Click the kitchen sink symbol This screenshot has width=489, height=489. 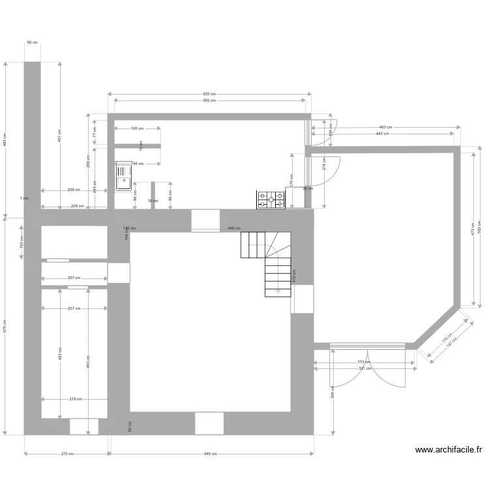(x=123, y=177)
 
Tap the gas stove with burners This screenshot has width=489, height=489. (x=271, y=200)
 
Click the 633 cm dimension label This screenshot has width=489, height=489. (x=209, y=95)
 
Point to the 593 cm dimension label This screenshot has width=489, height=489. (x=209, y=100)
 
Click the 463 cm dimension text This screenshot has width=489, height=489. (x=385, y=127)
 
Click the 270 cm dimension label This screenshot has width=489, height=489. (x=67, y=454)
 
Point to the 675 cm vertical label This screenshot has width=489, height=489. (x=5, y=327)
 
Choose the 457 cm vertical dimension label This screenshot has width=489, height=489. (x=60, y=136)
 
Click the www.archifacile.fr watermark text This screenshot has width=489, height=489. (x=449, y=449)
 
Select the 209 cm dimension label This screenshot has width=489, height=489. (x=74, y=190)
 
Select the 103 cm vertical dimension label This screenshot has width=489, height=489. (x=22, y=242)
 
